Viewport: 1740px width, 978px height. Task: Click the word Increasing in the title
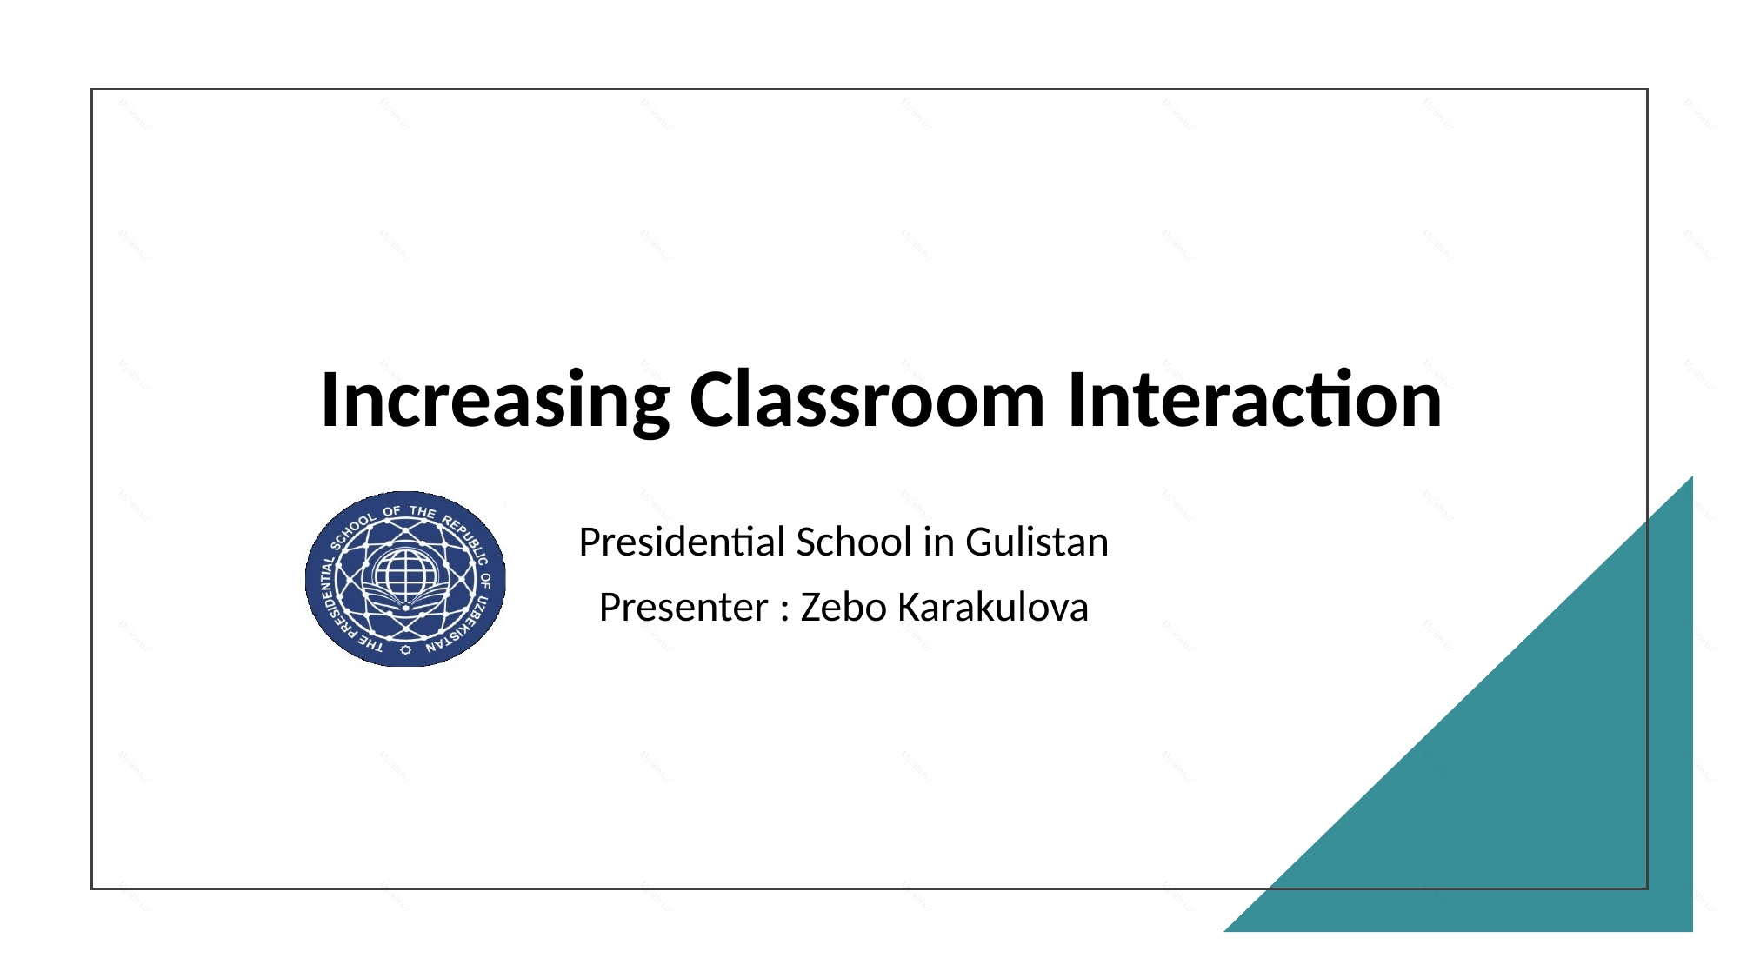[494, 401]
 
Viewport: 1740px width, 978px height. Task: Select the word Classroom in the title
[867, 401]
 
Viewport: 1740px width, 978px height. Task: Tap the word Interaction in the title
[1254, 401]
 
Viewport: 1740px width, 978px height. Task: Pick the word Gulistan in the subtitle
[1037, 542]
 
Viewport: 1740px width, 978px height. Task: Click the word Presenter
[683, 608]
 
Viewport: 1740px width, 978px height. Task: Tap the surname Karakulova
[992, 608]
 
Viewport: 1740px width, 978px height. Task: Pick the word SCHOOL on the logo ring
[353, 529]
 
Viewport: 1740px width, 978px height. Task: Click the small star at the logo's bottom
[405, 649]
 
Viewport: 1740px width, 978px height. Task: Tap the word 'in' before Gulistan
[938, 542]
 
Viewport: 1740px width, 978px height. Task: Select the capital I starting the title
[330, 401]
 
